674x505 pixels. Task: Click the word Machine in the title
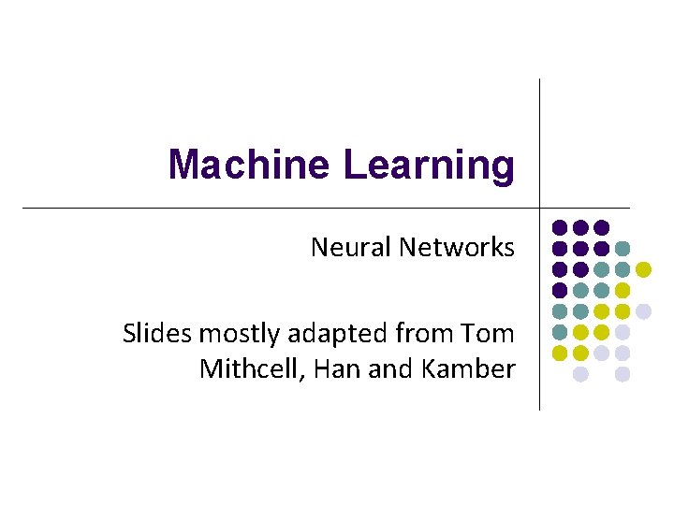pos(251,165)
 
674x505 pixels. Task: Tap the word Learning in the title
pos(429,165)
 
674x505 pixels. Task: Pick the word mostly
pos(229,334)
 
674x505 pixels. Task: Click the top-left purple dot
pos(560,227)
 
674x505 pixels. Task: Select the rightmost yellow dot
pos(643,269)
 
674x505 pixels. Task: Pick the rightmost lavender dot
pos(643,310)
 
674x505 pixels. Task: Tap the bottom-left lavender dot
pos(580,374)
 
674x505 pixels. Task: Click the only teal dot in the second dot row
pos(623,248)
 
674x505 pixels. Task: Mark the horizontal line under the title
pos(281,207)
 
